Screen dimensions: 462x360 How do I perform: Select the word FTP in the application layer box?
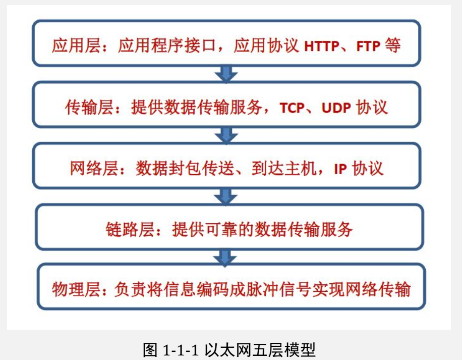[x=369, y=46]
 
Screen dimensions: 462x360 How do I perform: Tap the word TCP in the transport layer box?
[x=293, y=108]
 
